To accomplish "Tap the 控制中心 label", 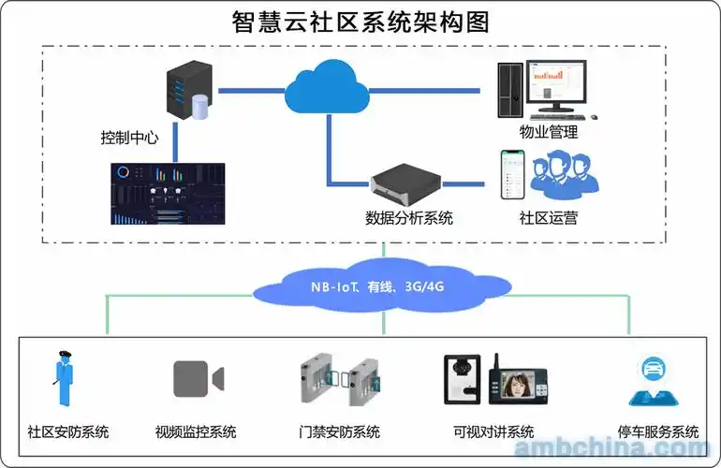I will pos(129,138).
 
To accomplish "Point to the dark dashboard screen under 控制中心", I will pos(168,193).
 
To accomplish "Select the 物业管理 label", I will pos(549,132).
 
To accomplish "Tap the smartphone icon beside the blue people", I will pos(509,175).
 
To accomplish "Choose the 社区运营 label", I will pos(549,218).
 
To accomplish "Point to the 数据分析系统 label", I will pos(408,218).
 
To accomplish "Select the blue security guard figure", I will pos(64,378).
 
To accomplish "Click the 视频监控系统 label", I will pos(196,432).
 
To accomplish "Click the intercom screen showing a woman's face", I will pos(519,385).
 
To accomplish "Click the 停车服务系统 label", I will pos(658,432).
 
